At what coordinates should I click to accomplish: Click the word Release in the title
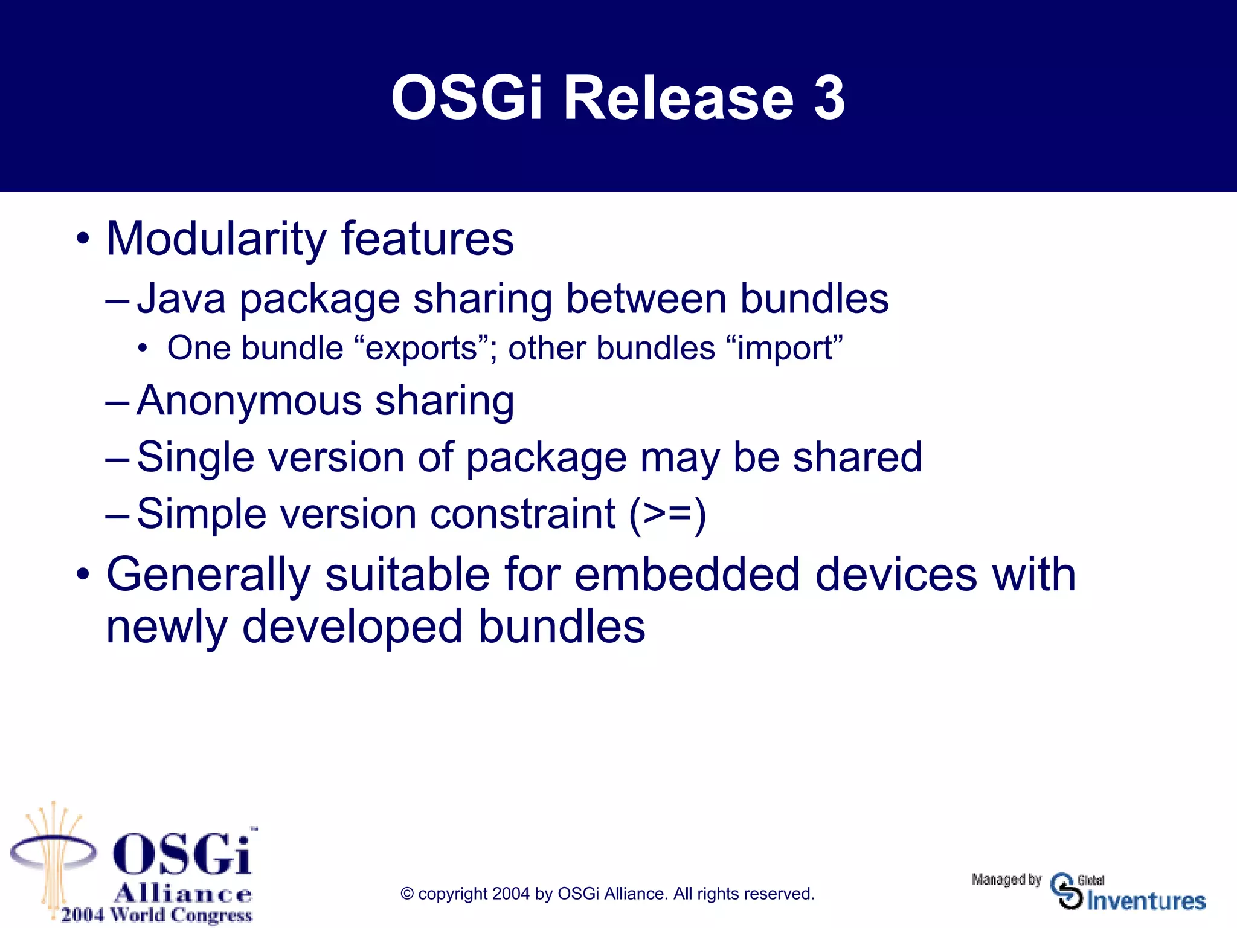point(678,98)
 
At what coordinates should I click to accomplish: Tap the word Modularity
point(216,239)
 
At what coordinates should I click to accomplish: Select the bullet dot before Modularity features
point(83,239)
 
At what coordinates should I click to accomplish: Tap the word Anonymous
point(249,401)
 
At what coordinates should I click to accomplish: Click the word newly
point(166,628)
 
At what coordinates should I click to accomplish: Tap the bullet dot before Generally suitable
point(83,575)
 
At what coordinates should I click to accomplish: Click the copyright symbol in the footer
point(407,894)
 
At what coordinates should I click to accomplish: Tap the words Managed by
point(1006,880)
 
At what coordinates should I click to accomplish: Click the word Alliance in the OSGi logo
point(182,893)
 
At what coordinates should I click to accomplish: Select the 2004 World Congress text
point(156,915)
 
